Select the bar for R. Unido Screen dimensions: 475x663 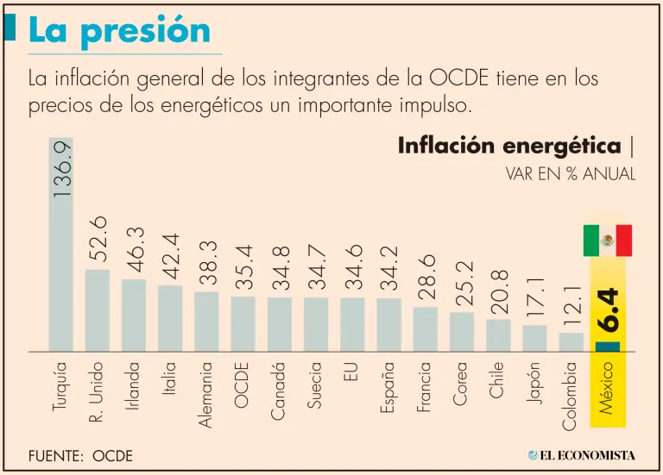(98, 310)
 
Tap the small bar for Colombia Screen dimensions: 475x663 (571, 342)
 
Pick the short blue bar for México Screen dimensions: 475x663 (608, 347)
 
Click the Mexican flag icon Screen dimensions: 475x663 (608, 241)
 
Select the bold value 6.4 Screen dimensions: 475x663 (609, 309)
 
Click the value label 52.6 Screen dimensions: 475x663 (98, 239)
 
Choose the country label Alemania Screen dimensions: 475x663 (206, 393)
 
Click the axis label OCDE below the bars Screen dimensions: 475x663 (243, 384)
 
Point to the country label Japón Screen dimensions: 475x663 (534, 384)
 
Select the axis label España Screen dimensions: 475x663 (388, 386)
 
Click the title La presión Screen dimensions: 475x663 (119, 30)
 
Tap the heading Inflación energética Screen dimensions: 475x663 (509, 146)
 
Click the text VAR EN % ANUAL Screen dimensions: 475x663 (571, 173)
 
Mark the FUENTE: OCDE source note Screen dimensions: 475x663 (80, 455)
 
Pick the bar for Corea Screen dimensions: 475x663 (462, 332)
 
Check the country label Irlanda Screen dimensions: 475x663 (133, 386)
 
